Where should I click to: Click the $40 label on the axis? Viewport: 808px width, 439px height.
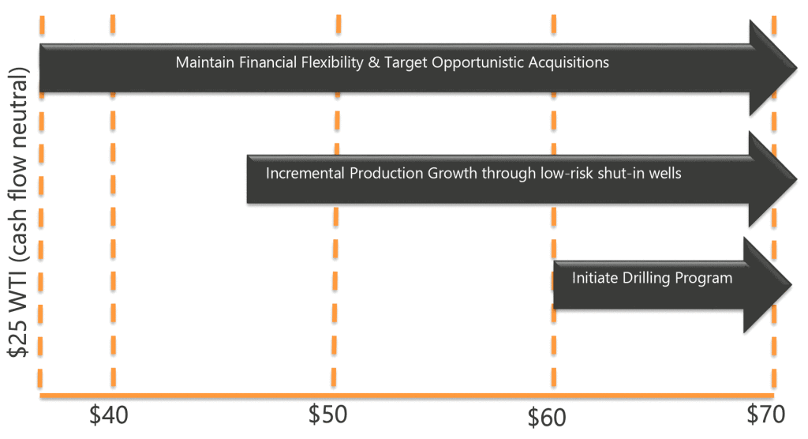[x=109, y=415]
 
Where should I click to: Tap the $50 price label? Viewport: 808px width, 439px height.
[x=327, y=415]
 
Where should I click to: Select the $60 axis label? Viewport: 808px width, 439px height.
[x=547, y=418]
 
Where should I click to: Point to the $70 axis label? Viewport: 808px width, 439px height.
[x=765, y=415]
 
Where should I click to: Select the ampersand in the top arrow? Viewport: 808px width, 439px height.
[x=373, y=62]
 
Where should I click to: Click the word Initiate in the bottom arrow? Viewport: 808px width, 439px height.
[x=595, y=278]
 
